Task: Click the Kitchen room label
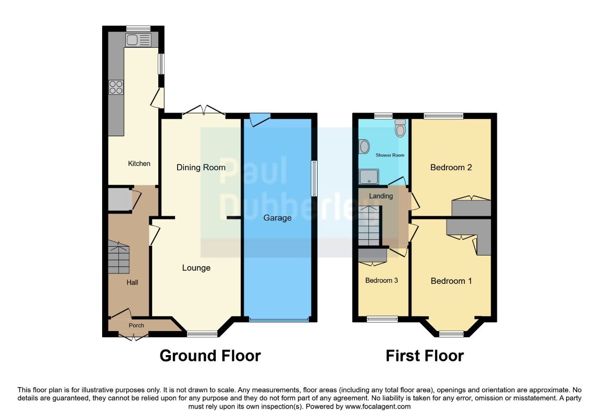click(x=139, y=163)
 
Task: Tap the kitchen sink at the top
click(x=138, y=40)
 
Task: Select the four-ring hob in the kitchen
click(x=116, y=87)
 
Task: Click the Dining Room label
click(x=201, y=167)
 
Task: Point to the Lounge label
click(x=197, y=268)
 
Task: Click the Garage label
click(x=277, y=218)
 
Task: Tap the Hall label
click(x=132, y=283)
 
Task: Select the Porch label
click(x=136, y=325)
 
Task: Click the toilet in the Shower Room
click(x=400, y=128)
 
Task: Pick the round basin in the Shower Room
click(x=364, y=146)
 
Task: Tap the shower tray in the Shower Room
click(x=368, y=177)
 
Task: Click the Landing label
click(x=381, y=196)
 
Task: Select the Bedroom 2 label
click(x=451, y=167)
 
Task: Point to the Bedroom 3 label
click(x=382, y=280)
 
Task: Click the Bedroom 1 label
click(x=451, y=281)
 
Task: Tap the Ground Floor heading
click(x=210, y=356)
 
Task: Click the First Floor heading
click(x=425, y=356)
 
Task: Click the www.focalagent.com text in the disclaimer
click(x=378, y=406)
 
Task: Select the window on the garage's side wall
click(x=314, y=179)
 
